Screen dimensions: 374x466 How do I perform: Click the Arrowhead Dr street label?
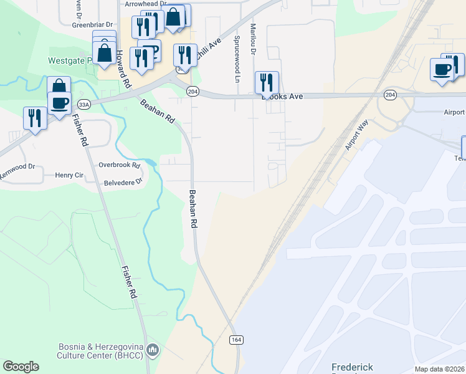[x=146, y=4]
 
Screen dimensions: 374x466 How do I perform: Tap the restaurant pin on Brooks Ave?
[x=267, y=83]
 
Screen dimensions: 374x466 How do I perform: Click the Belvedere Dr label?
[x=123, y=183]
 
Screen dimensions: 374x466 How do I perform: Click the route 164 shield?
[x=235, y=340]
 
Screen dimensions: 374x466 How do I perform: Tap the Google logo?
[x=21, y=367]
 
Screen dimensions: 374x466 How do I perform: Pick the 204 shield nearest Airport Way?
[x=390, y=95]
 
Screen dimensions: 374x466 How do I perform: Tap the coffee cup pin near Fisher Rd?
[x=60, y=103]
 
